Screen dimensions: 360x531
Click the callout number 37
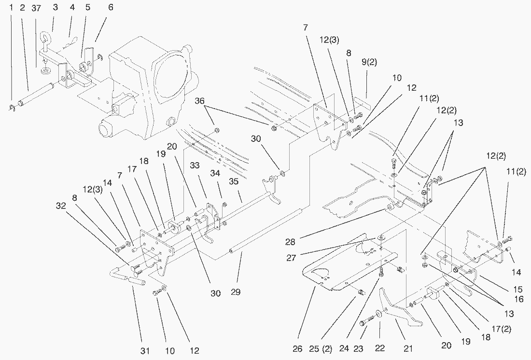click(36, 8)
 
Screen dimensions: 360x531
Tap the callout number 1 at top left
click(11, 8)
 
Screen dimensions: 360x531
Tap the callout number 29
click(236, 292)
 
